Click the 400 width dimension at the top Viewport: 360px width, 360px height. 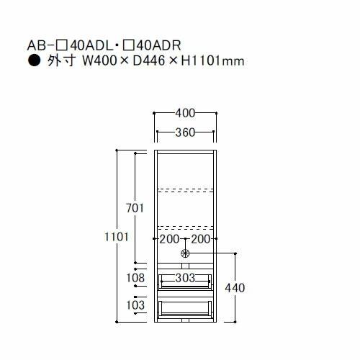click(x=186, y=113)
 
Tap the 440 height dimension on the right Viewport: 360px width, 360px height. click(x=235, y=288)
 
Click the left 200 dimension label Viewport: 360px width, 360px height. click(x=169, y=239)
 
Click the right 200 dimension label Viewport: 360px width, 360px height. click(x=201, y=239)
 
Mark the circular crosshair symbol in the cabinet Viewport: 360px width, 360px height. click(x=186, y=253)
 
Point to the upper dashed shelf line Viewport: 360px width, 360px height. click(x=186, y=191)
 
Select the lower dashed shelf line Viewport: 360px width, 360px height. click(x=186, y=222)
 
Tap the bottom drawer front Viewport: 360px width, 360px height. click(x=186, y=310)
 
